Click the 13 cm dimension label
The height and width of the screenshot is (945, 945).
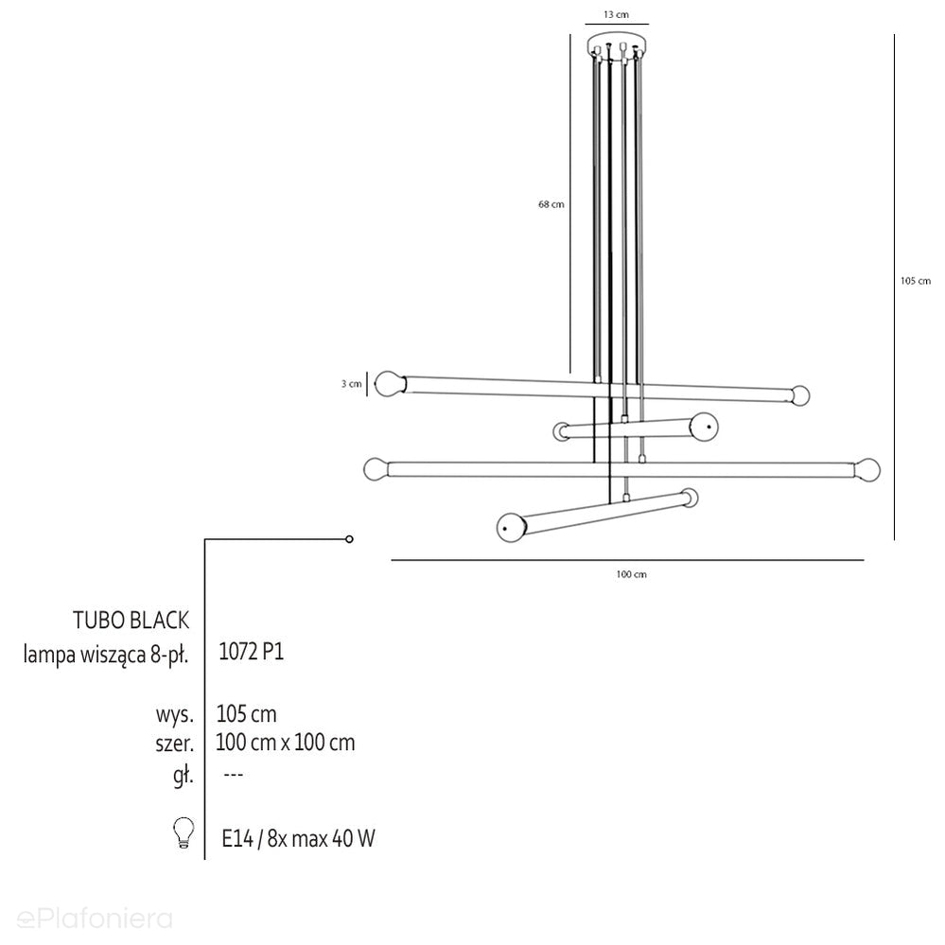[x=616, y=14]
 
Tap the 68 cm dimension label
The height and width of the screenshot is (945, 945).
[x=551, y=204]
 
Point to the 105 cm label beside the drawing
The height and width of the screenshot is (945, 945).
[x=916, y=281]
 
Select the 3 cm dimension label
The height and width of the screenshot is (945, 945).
[x=351, y=384]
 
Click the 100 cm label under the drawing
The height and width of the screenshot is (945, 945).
[x=631, y=574]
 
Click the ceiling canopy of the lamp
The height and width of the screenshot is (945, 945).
[x=617, y=45]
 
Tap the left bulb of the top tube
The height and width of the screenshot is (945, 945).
[x=390, y=384]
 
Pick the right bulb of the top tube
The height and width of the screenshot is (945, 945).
[x=800, y=395]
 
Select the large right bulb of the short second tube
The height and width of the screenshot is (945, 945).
[x=704, y=427]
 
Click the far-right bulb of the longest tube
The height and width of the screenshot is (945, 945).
[x=866, y=469]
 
